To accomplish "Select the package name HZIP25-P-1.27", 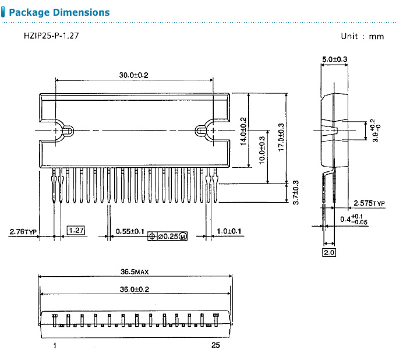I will click(x=51, y=36).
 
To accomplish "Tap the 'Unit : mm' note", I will click(x=362, y=36).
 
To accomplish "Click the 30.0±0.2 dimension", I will click(x=134, y=75).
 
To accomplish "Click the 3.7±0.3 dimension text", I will click(x=295, y=192).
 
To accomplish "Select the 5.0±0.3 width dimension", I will click(x=334, y=59).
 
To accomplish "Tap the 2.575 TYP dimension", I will click(x=369, y=203).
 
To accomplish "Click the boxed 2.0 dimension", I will click(x=329, y=252).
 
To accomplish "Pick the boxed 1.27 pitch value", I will click(x=76, y=231).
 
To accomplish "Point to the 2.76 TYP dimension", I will click(x=23, y=232).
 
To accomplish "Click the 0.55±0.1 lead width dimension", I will click(x=130, y=232).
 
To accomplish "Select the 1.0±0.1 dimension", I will click(x=229, y=232).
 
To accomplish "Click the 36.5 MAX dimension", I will click(x=135, y=271).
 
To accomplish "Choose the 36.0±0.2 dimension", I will click(x=135, y=289).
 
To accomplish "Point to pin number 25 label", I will click(x=215, y=345).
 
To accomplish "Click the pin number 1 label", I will click(x=54, y=345).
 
